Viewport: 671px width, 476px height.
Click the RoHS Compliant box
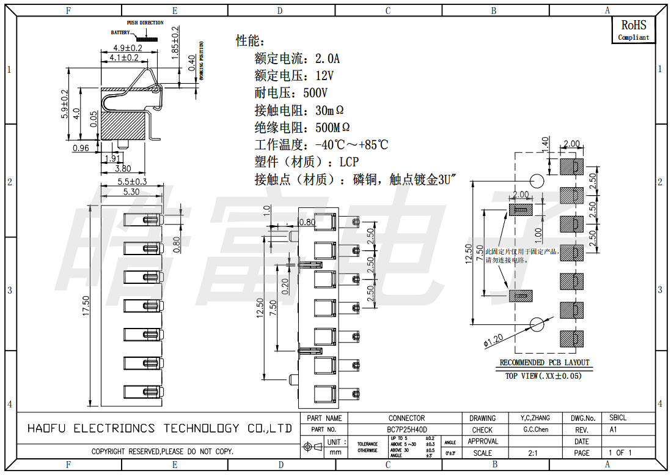tap(633, 30)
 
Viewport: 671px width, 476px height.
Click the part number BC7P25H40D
tap(407, 430)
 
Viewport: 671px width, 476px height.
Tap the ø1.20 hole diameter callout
tap(493, 341)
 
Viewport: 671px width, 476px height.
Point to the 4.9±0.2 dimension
tap(127, 48)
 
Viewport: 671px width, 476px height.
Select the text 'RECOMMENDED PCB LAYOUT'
tap(544, 363)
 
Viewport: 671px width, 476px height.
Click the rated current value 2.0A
tap(327, 59)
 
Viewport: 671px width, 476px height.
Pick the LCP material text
tap(349, 162)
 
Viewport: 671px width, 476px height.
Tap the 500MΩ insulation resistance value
tap(332, 128)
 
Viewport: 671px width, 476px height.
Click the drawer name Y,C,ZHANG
tap(535, 418)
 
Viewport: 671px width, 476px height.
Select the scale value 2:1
tap(533, 453)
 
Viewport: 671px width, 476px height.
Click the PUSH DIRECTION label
tap(145, 23)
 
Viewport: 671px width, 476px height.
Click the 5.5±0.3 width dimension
tap(131, 182)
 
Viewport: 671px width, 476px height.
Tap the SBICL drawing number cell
tap(618, 418)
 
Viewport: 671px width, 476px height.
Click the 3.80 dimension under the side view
tap(123, 168)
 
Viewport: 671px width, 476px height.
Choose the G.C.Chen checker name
tap(536, 430)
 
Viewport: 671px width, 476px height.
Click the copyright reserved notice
tap(163, 452)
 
